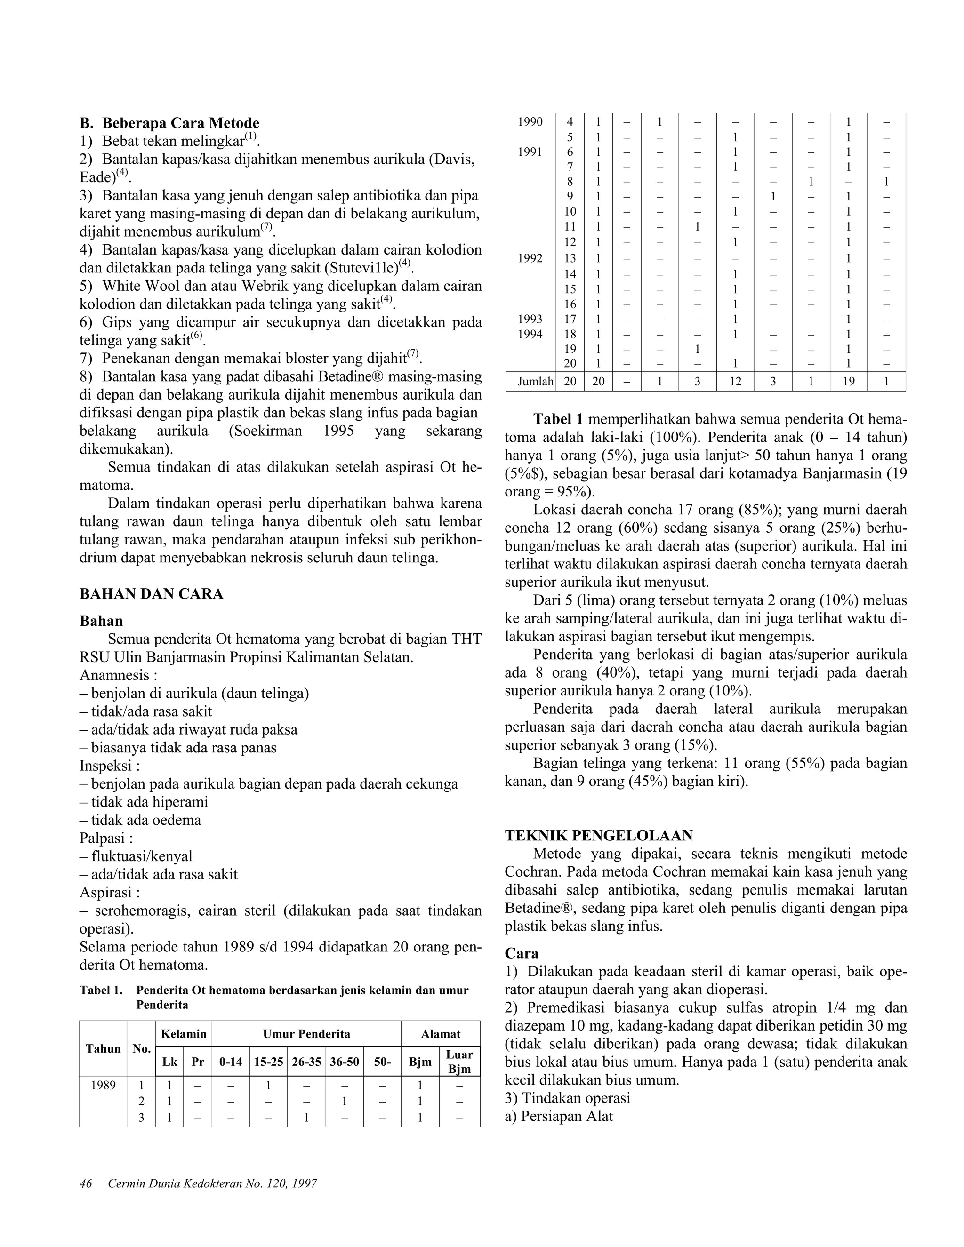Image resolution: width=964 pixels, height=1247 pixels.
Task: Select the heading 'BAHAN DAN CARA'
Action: [x=152, y=594]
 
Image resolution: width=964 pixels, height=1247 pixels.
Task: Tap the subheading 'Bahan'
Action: [x=101, y=621]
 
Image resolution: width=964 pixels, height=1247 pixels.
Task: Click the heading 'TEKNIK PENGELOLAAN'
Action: [x=599, y=836]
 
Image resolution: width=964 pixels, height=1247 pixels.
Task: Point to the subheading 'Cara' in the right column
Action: [x=522, y=953]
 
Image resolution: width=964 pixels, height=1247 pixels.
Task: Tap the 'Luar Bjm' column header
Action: [x=459, y=1062]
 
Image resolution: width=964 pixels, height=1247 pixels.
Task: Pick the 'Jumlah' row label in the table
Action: [x=530, y=382]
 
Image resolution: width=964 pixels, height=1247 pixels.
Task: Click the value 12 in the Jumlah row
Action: [x=735, y=382]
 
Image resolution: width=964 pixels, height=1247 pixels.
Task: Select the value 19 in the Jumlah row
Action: [x=848, y=382]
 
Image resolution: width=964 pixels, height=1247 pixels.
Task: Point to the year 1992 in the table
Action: [x=530, y=259]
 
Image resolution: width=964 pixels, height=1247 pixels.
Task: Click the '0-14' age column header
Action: [x=230, y=1062]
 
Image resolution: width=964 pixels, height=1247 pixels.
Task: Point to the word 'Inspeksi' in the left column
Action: [x=107, y=766]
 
